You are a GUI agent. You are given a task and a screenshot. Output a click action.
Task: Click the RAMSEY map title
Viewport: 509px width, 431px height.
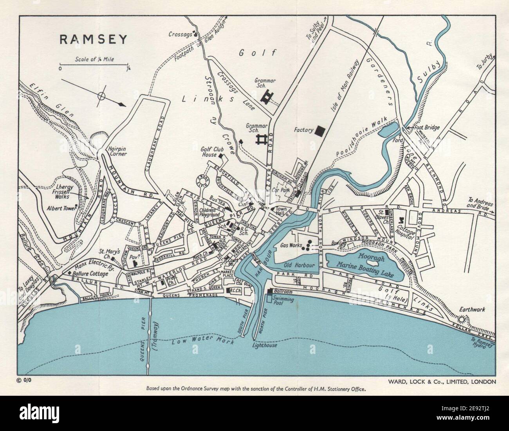(93, 39)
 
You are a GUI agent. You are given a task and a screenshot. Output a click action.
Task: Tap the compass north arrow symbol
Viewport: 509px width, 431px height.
(102, 96)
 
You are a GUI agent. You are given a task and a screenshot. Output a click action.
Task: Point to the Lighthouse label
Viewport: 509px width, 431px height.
(265, 345)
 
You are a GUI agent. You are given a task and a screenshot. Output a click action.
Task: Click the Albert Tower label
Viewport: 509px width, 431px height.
(61, 208)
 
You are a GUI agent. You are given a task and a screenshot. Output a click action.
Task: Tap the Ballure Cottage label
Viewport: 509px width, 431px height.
(90, 274)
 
